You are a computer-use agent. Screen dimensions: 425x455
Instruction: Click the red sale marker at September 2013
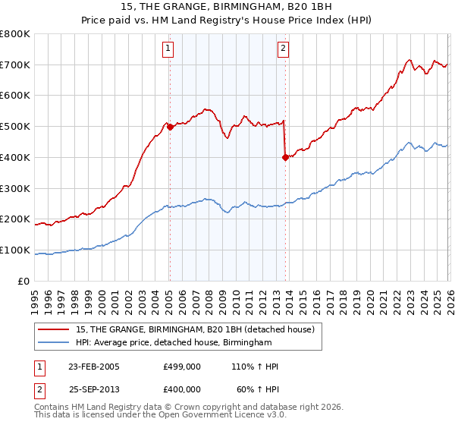[x=285, y=158]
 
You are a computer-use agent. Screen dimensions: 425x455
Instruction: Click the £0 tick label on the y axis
[x=24, y=282]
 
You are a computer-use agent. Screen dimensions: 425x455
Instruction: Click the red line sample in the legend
[x=55, y=329]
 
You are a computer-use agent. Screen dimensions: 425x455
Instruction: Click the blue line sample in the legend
[x=55, y=343]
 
